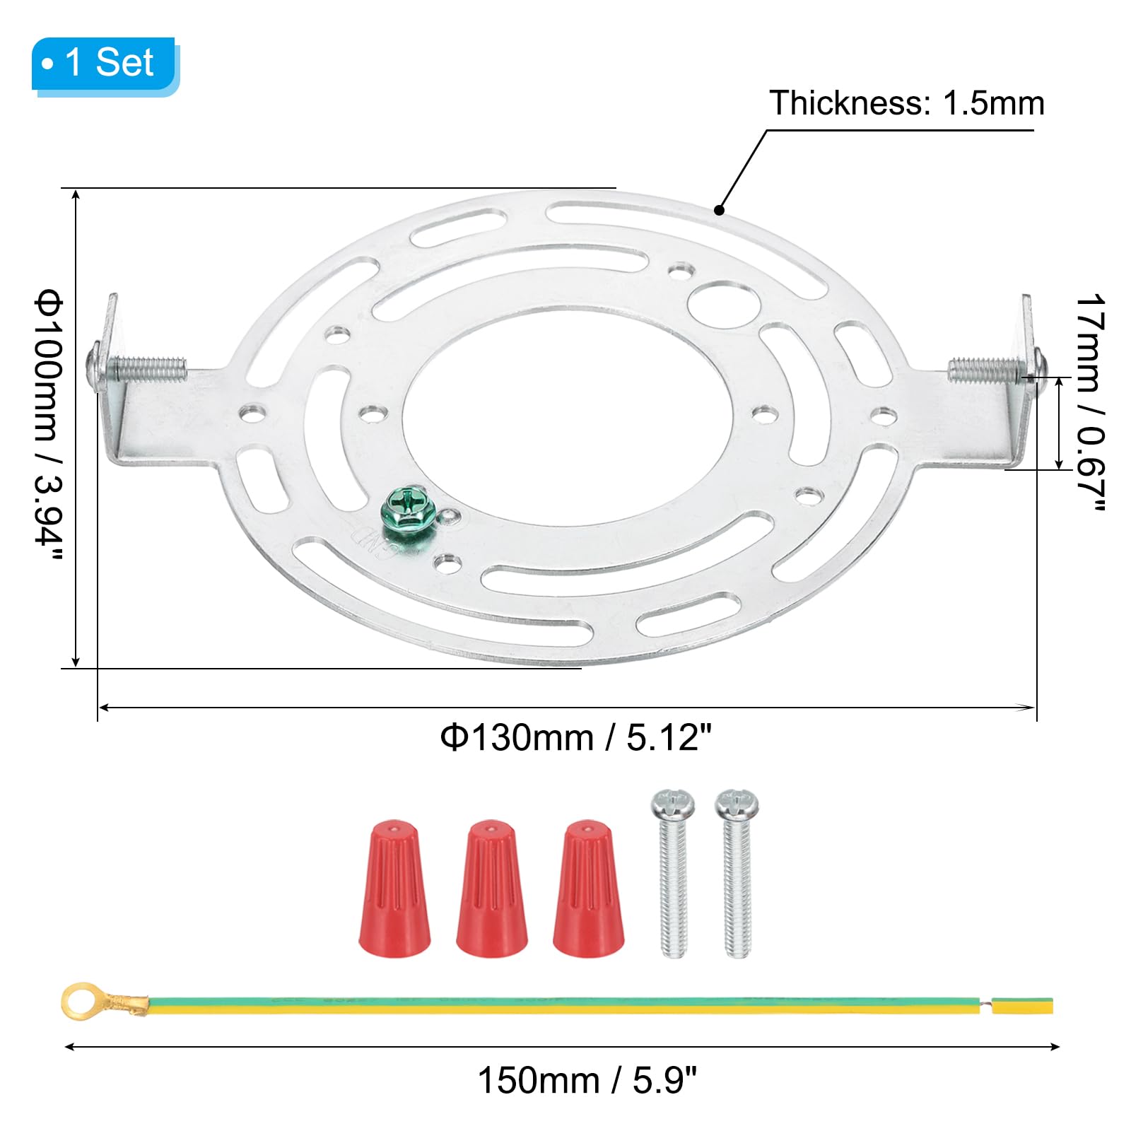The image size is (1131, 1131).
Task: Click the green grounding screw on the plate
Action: (404, 506)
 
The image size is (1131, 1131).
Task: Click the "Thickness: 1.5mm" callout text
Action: (906, 103)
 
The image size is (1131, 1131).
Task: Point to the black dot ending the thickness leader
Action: (719, 210)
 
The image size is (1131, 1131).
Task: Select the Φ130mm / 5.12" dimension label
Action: (575, 738)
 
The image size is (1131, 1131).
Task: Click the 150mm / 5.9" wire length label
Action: (587, 1080)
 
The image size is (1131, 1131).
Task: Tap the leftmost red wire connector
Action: (394, 889)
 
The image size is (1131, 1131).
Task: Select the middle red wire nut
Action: (492, 889)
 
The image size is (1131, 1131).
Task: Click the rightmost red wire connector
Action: (589, 889)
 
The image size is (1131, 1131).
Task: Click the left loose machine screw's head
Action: (672, 804)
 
